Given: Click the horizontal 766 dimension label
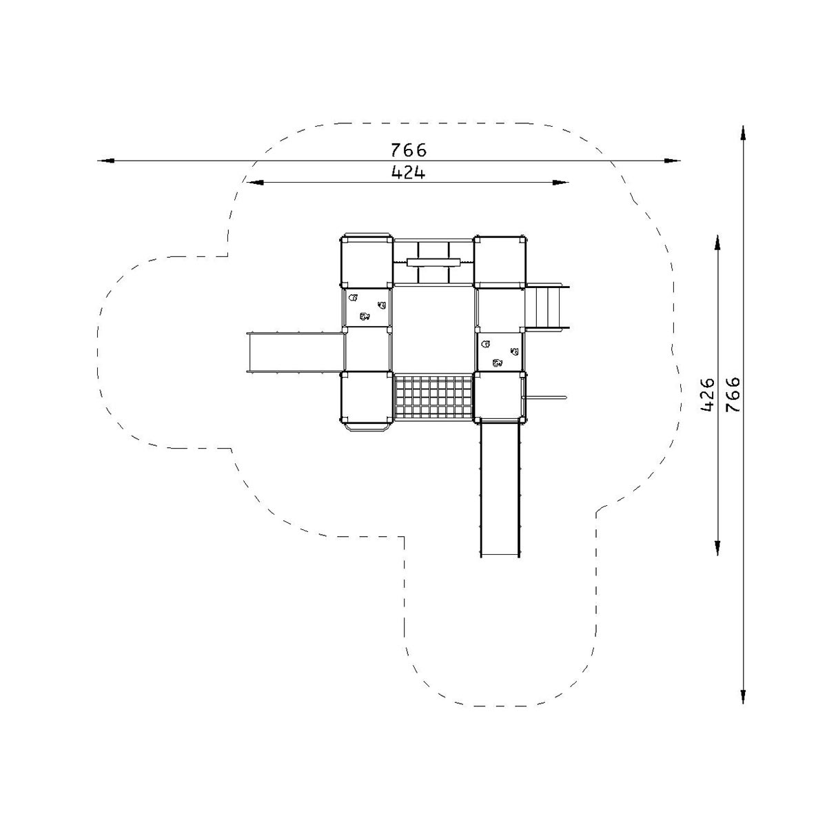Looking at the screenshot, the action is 408,150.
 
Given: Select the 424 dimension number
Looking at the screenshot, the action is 408,172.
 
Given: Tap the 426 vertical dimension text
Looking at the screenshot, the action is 707,395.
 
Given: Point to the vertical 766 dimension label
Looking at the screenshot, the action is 733,395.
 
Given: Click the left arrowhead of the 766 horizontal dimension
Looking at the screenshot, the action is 106,161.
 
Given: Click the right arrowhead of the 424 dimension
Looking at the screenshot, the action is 560,183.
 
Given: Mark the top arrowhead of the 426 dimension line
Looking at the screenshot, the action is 717,243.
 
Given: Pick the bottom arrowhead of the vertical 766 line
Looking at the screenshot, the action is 743,695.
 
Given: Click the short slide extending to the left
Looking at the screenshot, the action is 296,352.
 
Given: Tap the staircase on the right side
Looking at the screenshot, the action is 547,307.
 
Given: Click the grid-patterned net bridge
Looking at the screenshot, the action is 433,396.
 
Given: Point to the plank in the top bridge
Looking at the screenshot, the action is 434,262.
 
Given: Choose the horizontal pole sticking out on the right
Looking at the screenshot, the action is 545,398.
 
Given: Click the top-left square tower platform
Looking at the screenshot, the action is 367,262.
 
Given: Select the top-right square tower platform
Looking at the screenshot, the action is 500,261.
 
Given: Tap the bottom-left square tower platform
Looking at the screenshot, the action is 367,398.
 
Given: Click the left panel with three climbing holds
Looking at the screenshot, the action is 367,307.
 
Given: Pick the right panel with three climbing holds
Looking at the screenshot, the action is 500,352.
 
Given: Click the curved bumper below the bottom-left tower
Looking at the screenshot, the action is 367,427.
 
